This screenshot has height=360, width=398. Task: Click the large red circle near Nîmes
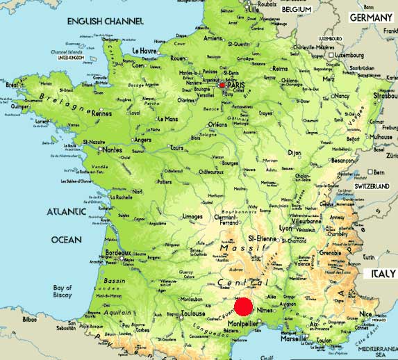pyautogui.click(x=243, y=306)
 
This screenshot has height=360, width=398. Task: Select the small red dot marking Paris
pyautogui.click(x=222, y=85)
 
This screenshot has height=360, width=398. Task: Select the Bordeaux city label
pyautogui.click(x=118, y=254)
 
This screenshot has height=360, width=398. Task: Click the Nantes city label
pyautogui.click(x=112, y=149)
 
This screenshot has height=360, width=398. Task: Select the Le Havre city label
pyautogui.click(x=145, y=51)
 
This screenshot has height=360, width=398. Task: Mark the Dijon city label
pyautogui.click(x=295, y=152)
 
